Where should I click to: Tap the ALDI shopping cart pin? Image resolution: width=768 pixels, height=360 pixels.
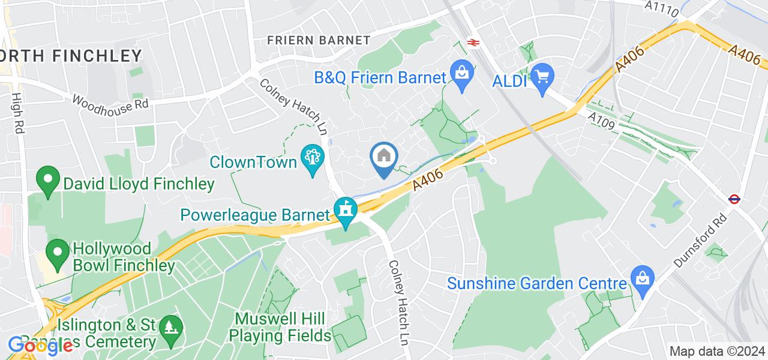click(542, 77)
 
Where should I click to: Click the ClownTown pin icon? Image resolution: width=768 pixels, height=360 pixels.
click(312, 158)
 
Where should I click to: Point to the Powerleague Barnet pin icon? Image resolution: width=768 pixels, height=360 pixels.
click(346, 211)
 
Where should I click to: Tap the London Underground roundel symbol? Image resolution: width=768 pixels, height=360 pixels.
click(733, 200)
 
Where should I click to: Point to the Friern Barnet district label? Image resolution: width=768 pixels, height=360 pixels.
click(319, 41)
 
